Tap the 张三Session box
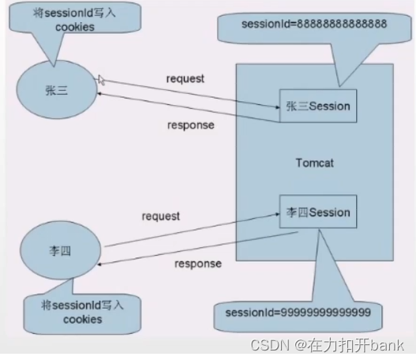point(317,106)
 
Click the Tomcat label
point(315,163)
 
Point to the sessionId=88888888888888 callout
point(315,25)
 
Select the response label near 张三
point(190,124)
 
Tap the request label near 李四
point(161,216)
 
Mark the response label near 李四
point(197,264)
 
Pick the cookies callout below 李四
point(82,313)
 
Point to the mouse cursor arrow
point(102,80)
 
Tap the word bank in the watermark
point(389,345)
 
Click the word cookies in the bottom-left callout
point(83,320)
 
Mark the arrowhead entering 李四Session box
point(275,211)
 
